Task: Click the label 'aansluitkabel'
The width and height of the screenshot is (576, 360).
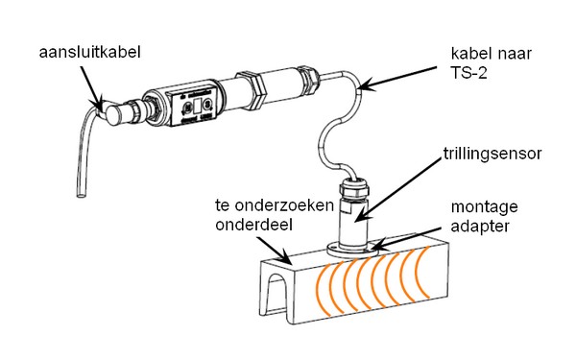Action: tap(89, 52)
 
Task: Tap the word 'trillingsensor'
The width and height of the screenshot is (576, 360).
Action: tap(492, 154)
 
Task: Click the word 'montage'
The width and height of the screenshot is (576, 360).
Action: tap(484, 207)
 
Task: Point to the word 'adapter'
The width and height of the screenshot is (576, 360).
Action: tap(480, 226)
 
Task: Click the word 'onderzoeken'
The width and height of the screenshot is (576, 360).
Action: tap(284, 205)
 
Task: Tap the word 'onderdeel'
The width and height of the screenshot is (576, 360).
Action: tap(253, 225)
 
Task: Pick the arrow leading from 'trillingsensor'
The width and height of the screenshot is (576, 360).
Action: tap(397, 190)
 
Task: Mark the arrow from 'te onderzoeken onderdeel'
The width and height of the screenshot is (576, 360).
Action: tap(274, 251)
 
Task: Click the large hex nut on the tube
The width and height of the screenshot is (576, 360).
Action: tap(252, 89)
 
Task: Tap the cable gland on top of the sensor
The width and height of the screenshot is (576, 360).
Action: tap(352, 187)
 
